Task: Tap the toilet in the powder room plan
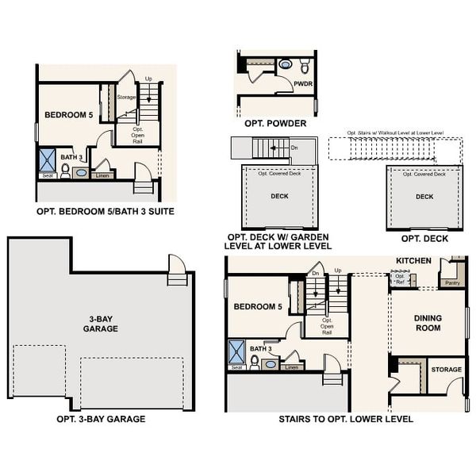pos(286,65)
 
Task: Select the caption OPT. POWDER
pos(274,123)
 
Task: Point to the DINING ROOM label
pos(428,324)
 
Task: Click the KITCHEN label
pos(413,260)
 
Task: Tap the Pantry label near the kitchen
pos(452,282)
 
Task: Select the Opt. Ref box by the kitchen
pos(400,278)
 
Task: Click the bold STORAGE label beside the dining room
pos(446,369)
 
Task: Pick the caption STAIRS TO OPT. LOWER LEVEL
pos(345,419)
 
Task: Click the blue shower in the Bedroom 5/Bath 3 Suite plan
pos(45,159)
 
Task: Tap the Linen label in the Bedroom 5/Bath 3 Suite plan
pos(102,175)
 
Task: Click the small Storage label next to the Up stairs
pos(126,98)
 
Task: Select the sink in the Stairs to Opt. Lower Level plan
pos(271,364)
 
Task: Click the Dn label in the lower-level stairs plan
pos(315,273)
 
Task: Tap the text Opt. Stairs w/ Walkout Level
pos(394,132)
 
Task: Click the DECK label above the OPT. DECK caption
pos(424,197)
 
